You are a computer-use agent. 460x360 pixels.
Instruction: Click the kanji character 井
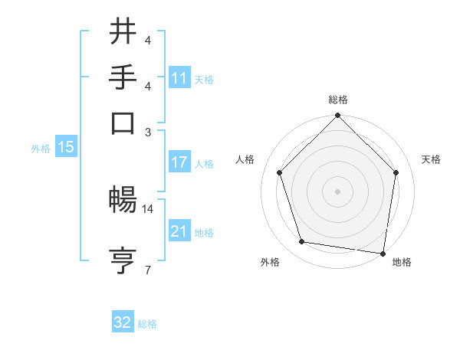pos(123,31)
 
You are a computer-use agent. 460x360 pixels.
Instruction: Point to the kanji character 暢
pos(123,201)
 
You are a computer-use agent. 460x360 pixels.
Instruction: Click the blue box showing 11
pos(179,78)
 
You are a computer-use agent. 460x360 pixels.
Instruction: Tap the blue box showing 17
pos(179,162)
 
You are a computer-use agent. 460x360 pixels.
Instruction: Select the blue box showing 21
pos(179,231)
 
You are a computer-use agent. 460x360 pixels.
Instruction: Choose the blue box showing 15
pos(66,148)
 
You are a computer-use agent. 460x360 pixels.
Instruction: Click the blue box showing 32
pos(123,322)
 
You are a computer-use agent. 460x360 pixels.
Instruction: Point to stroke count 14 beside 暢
pos(148,208)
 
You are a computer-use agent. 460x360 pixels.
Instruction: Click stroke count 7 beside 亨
pos(148,269)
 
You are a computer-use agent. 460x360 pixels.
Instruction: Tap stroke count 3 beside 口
pos(148,131)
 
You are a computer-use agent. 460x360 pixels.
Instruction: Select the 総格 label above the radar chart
pos(338,100)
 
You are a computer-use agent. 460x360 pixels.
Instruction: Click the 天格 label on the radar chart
pos(432,159)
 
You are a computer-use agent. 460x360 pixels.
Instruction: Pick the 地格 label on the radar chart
pos(402,262)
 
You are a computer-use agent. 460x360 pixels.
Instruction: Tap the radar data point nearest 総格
pos(337,116)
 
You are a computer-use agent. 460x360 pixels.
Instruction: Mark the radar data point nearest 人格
pos(280,172)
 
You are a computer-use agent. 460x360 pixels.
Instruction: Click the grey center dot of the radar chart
pos(337,191)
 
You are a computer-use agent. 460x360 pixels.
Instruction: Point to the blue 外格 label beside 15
pos(41,149)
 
